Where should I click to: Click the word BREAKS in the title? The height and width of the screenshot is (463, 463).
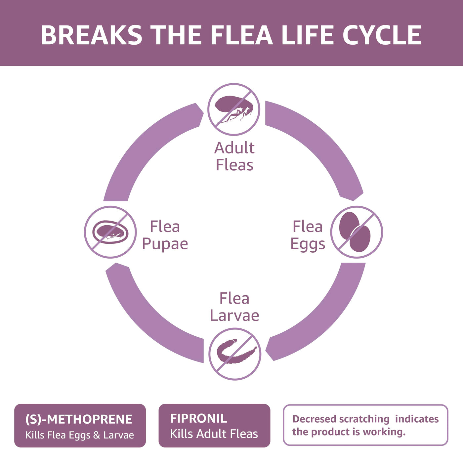(x=91, y=35)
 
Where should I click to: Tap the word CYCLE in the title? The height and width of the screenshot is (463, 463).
(x=382, y=35)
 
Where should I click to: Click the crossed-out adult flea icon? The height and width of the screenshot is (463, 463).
(x=234, y=109)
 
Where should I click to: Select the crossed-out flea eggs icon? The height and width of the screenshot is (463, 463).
(x=357, y=232)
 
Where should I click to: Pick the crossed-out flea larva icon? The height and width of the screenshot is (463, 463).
(x=235, y=354)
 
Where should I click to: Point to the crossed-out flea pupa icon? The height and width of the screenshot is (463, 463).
(x=110, y=232)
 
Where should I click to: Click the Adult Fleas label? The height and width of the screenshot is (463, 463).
(x=234, y=156)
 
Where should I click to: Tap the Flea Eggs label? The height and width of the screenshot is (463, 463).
(x=308, y=235)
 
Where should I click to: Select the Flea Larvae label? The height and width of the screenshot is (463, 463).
(x=234, y=307)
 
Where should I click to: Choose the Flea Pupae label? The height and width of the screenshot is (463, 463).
(x=165, y=235)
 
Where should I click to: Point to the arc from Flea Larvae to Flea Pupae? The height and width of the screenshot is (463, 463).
(x=149, y=317)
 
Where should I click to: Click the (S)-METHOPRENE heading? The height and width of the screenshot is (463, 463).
(x=79, y=419)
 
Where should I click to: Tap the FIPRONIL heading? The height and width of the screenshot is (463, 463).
(x=198, y=418)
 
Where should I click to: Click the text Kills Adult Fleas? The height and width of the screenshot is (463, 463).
(x=214, y=434)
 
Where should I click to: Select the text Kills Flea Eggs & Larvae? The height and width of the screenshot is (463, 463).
(x=80, y=435)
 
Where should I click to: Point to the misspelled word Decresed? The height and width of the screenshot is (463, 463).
(x=314, y=419)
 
